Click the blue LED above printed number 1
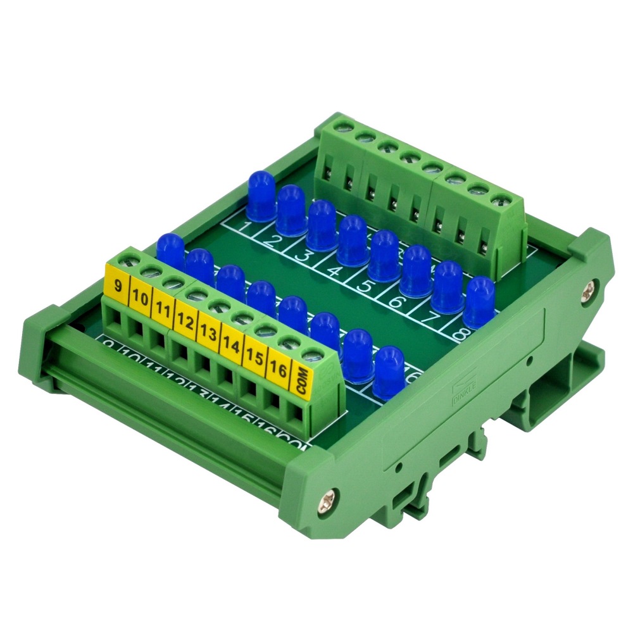click(x=261, y=194)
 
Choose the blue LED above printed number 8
click(x=480, y=301)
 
